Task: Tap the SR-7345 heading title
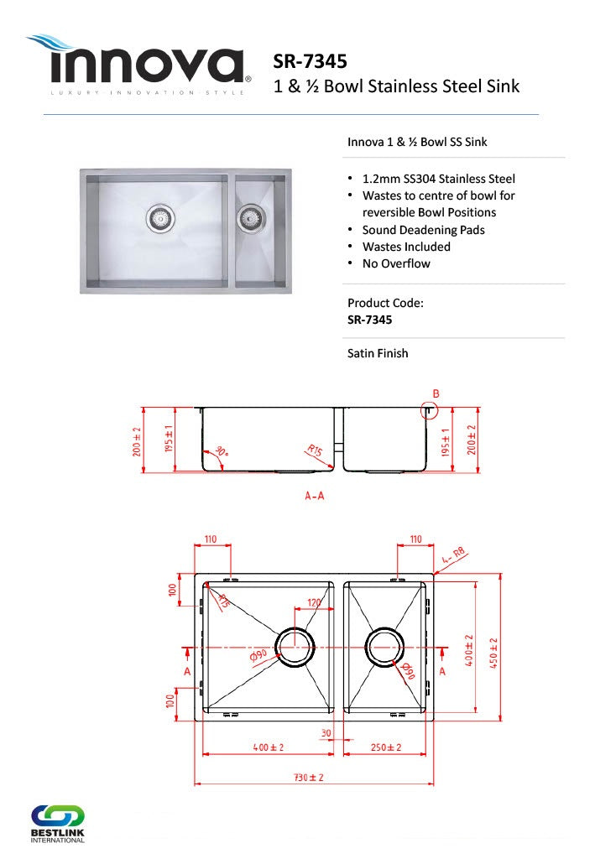tap(311, 61)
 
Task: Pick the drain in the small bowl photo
tap(248, 218)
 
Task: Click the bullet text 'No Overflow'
tap(396, 263)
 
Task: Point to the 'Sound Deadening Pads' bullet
tap(423, 230)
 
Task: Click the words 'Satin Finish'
tap(378, 353)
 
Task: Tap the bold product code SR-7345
tap(369, 320)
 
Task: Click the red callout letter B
tap(436, 393)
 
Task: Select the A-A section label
tap(314, 496)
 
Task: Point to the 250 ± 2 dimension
tap(386, 747)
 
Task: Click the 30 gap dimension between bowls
tap(326, 732)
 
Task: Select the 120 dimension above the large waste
tap(314, 602)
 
